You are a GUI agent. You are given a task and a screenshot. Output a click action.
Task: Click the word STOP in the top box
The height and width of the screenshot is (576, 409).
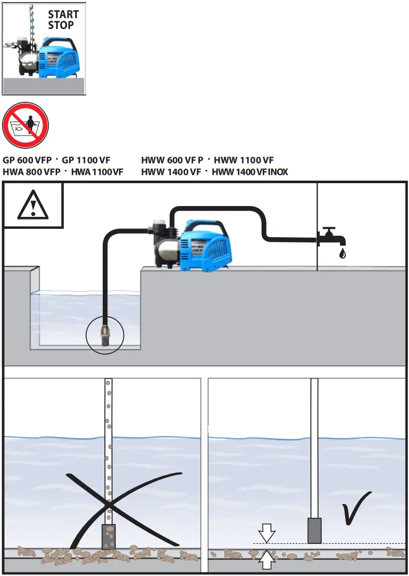pos(61,25)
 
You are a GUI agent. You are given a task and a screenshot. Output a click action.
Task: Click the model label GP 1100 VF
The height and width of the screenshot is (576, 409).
pos(86,160)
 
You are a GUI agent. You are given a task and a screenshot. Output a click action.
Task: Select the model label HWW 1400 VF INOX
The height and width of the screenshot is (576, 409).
pos(250,172)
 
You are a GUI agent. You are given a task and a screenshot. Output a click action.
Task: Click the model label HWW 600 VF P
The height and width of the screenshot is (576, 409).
pos(172,160)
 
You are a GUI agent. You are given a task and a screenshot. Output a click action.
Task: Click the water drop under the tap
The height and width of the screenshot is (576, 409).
pos(342,253)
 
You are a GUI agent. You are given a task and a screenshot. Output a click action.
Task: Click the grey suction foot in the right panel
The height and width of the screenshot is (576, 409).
pos(315,530)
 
